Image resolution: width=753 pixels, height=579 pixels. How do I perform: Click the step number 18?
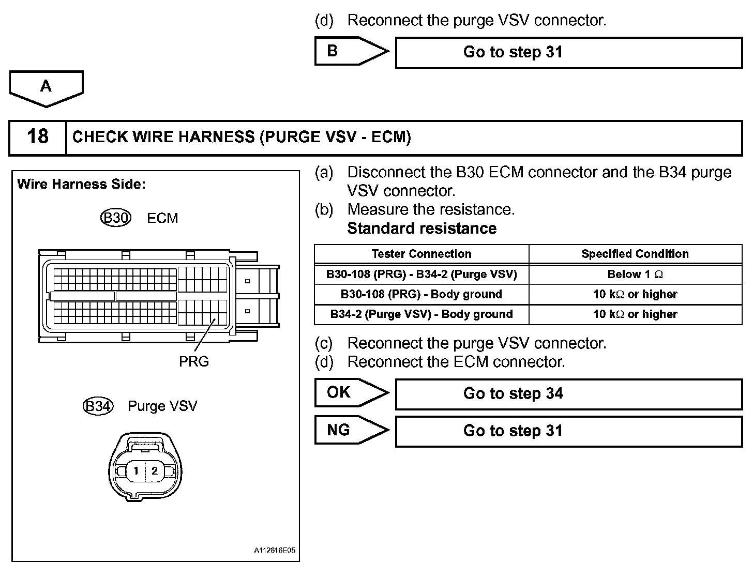[37, 137]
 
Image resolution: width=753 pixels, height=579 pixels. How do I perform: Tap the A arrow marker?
[46, 87]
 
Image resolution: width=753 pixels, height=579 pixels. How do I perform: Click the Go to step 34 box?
[568, 394]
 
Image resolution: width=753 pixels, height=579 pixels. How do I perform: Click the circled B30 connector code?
[116, 218]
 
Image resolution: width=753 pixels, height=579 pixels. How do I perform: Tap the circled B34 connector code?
[98, 406]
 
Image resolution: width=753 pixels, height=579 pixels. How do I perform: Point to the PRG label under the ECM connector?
[194, 361]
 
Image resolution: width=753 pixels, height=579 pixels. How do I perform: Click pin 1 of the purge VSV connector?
[136, 471]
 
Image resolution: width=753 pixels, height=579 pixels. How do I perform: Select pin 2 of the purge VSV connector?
[155, 471]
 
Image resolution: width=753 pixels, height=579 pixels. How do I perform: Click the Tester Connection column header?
[421, 254]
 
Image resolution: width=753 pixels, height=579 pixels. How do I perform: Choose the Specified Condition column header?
[635, 254]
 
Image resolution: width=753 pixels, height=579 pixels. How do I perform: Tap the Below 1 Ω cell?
[635, 275]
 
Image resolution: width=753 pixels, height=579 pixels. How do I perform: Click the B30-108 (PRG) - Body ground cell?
[421, 294]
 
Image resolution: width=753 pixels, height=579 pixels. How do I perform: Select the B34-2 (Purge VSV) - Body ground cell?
[421, 314]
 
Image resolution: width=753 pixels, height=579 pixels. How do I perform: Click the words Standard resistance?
[422, 228]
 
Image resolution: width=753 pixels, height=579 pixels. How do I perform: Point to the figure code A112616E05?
[275, 551]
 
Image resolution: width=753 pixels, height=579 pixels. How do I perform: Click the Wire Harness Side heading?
[81, 185]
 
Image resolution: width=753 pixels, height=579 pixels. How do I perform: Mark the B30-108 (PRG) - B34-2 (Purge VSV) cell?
[421, 275]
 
